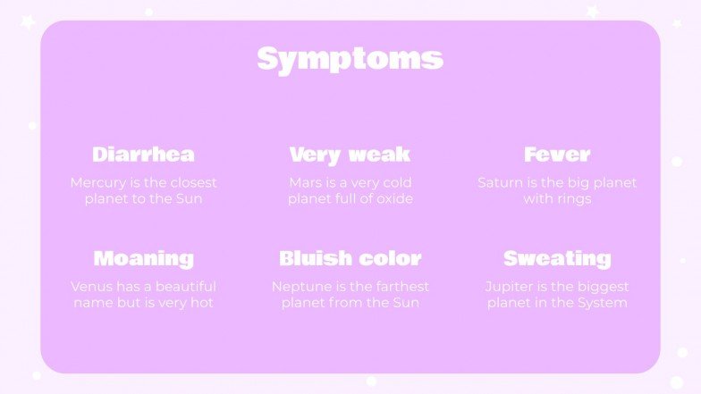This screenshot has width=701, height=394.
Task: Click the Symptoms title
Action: (x=350, y=59)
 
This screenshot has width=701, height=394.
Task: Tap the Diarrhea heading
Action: (x=143, y=155)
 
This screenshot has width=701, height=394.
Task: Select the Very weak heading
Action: (x=350, y=155)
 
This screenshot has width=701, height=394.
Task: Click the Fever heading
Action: (x=557, y=155)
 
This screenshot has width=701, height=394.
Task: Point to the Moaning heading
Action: (x=143, y=259)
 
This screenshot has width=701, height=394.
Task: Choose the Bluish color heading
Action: (x=350, y=259)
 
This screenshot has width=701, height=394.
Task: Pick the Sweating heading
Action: (x=557, y=259)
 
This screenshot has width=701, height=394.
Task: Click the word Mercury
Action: (x=97, y=183)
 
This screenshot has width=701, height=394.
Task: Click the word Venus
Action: (x=92, y=287)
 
